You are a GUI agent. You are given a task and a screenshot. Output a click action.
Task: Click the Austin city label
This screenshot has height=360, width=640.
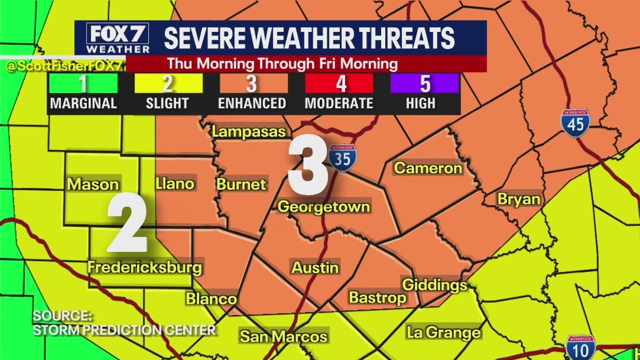coord(315,267)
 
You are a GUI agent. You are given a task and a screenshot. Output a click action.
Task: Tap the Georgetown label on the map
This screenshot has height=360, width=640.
coord(324,207)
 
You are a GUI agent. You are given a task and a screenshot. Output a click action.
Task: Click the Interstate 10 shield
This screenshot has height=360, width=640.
coord(580,347)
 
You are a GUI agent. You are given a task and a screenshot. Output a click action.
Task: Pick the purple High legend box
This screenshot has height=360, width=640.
coord(424,83)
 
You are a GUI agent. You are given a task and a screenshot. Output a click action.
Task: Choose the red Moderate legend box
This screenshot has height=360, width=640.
coord(339,83)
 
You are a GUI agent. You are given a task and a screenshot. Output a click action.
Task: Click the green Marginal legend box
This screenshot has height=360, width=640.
coord(83,83)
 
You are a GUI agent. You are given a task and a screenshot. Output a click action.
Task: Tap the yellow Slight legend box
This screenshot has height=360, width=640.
coord(167,83)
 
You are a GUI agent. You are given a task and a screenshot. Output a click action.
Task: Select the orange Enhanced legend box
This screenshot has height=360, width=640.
coord(252,83)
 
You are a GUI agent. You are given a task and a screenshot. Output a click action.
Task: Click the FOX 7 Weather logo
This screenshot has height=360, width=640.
coord(118,38)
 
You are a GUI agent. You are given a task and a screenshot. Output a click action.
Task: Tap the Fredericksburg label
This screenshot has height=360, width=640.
coord(145,267)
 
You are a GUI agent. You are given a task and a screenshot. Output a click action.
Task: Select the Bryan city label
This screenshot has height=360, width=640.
coord(518,199)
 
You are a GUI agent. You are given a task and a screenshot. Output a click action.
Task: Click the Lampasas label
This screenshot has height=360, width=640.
coord(248,132)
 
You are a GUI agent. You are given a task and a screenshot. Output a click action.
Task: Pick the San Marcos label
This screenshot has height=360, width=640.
coord(283,337)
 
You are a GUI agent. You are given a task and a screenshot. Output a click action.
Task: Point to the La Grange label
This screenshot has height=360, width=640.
coord(443,333)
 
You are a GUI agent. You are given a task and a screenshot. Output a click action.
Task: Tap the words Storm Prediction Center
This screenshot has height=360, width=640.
coord(124,330)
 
